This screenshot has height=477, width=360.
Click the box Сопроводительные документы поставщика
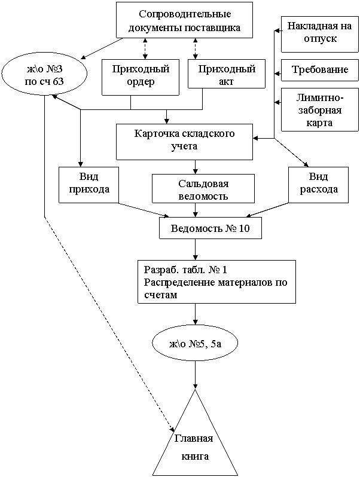184,20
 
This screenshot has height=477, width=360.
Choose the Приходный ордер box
141,77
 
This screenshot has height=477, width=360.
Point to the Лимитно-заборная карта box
315,110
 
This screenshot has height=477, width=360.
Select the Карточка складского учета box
184,142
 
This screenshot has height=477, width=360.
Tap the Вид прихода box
89,185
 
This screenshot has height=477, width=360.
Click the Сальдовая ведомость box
203,189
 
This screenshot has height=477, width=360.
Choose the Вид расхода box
319,185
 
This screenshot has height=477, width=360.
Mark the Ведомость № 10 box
210,228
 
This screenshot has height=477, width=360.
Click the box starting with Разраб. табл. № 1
216,282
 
